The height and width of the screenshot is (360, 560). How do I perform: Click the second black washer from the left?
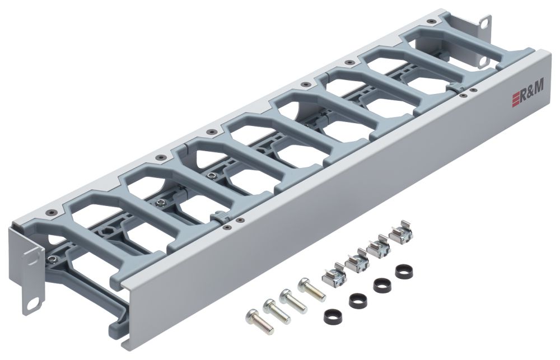pyautogui.click(x=357, y=301)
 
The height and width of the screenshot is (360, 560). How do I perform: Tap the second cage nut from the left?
pyautogui.click(x=355, y=261)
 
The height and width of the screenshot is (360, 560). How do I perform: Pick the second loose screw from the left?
pyautogui.click(x=276, y=308)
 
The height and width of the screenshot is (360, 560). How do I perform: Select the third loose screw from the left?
pyautogui.click(x=293, y=300)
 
